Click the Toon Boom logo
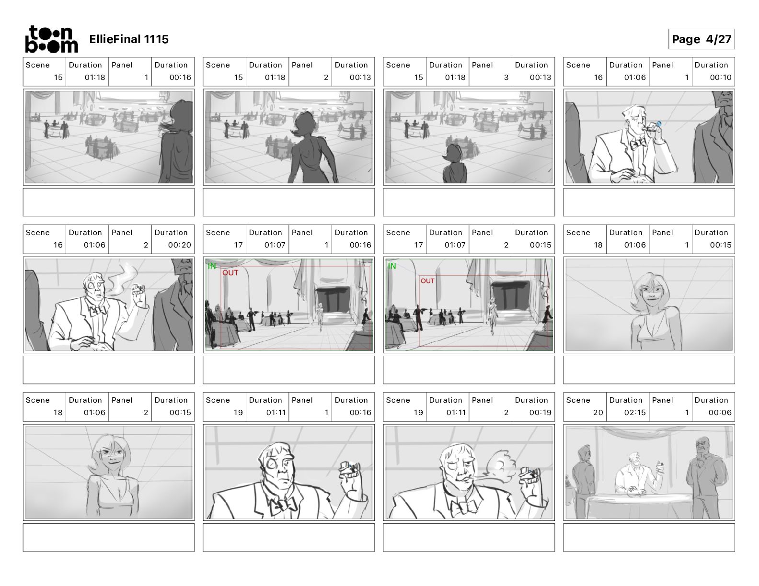pos(52,39)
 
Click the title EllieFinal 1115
pos(129,39)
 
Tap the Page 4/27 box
pos(701,39)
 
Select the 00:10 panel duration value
pos(721,78)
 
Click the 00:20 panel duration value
pos(180,245)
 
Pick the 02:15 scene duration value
pos(634,413)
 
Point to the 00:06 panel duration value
pos(720,413)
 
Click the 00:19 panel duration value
pos(540,413)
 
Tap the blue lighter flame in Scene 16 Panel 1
pos(659,124)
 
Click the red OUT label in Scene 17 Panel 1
pos(230,272)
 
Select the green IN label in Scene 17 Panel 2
pos(392,266)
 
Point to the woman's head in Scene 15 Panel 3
pos(453,154)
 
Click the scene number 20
pos(598,413)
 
